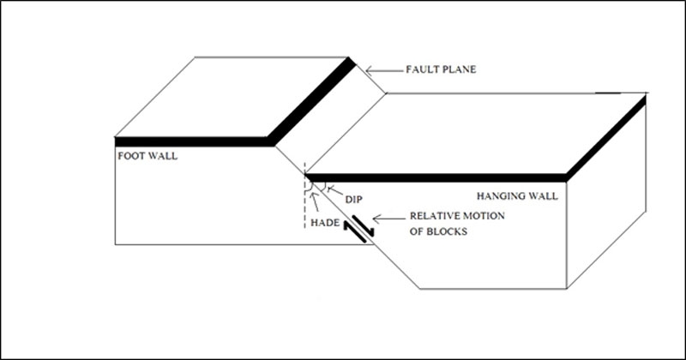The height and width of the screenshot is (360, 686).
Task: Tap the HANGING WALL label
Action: click(x=517, y=196)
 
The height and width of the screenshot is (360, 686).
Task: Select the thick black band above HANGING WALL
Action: click(x=437, y=177)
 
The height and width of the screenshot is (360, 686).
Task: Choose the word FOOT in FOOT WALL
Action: click(x=129, y=157)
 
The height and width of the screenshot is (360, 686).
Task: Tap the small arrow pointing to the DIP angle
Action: click(x=335, y=192)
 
